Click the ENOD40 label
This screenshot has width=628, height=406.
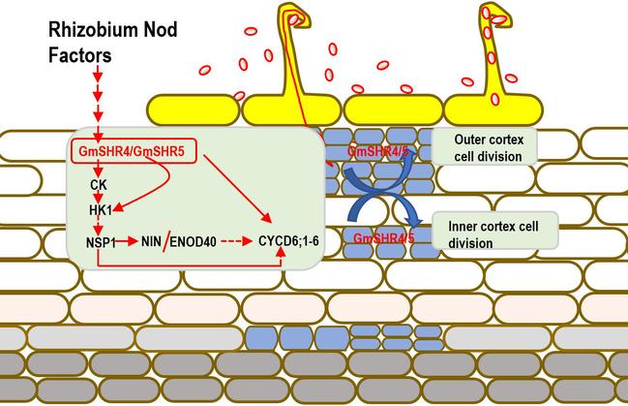(199, 237)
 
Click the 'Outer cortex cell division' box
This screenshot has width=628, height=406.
(488, 147)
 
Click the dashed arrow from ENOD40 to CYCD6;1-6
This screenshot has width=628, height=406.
(241, 237)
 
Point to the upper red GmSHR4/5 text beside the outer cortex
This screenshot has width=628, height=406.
(378, 153)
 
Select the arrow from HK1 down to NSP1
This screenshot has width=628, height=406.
(99, 223)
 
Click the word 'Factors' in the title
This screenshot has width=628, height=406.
(80, 56)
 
